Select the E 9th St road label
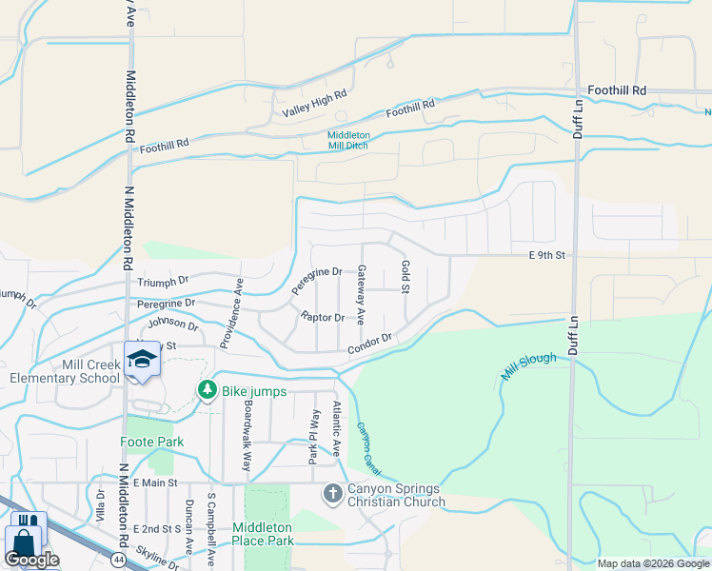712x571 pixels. click(547, 255)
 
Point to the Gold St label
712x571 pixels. click(405, 276)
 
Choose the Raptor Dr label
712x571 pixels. click(322, 317)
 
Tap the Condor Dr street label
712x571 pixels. click(369, 344)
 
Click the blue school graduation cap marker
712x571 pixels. click(142, 360)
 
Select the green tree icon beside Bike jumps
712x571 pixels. click(207, 389)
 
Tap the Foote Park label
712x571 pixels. click(150, 443)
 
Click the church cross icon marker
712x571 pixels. click(332, 492)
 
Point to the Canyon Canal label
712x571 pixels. click(366, 446)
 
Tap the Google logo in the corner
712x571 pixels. click(31, 559)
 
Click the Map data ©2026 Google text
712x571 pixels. click(653, 563)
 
